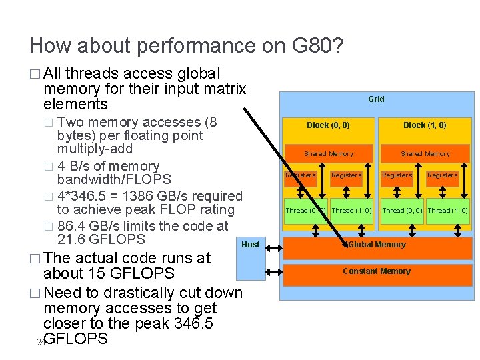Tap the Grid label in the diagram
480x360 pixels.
(x=376, y=99)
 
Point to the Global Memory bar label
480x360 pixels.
(x=377, y=245)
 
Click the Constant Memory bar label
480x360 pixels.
(x=377, y=271)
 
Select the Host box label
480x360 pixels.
(x=251, y=245)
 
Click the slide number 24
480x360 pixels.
(x=41, y=342)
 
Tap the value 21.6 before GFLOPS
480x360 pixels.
(x=73, y=239)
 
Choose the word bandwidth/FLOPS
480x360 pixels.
(x=115, y=179)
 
